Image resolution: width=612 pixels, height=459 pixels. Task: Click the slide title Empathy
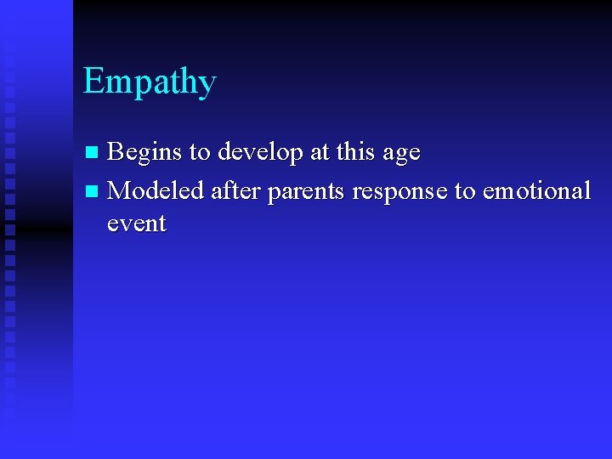pos(150,82)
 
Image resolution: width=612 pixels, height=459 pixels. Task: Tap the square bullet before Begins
pos(93,153)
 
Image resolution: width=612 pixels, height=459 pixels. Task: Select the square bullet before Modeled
pos(93,191)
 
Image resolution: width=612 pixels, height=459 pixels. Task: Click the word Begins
pos(144,153)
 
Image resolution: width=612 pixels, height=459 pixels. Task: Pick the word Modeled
pos(156,190)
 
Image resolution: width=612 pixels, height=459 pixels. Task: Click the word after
pos(235,190)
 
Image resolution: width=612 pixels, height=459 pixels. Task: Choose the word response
pos(399,192)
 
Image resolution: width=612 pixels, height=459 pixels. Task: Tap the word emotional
pos(536,190)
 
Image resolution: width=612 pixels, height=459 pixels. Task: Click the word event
pos(136,224)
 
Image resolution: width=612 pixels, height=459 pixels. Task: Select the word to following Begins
pos(200,153)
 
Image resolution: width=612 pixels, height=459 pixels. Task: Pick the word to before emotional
pos(465,191)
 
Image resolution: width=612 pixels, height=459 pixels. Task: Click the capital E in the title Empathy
pos(93,82)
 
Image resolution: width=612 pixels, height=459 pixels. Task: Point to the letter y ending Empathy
pos(207,86)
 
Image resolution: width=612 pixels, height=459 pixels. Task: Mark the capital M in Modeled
pos(120,190)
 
